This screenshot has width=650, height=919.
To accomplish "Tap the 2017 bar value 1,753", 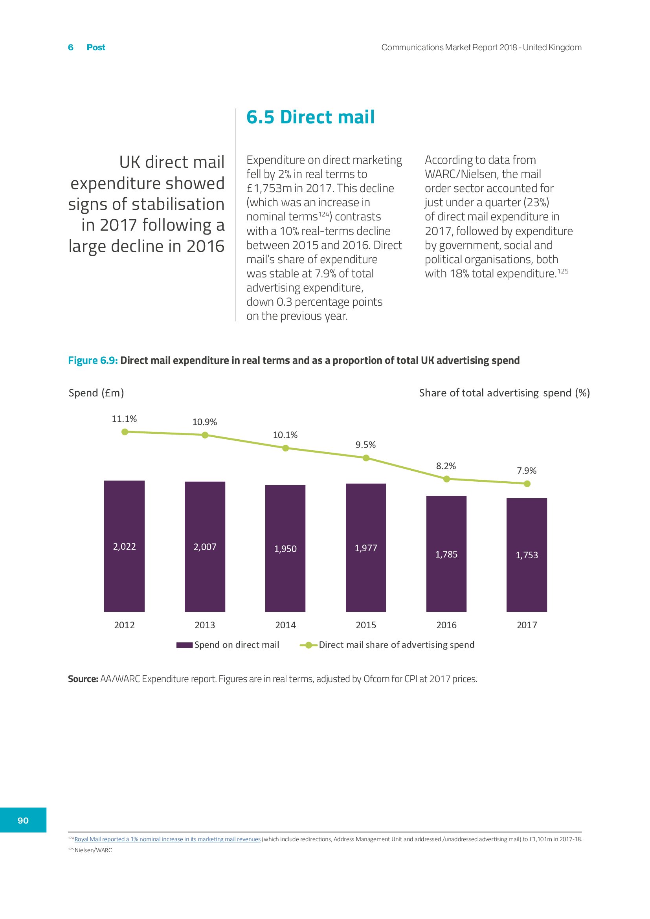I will pos(526,555).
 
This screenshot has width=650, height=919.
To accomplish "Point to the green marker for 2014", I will pos(285,448).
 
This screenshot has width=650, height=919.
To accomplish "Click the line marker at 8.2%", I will pos(447,479).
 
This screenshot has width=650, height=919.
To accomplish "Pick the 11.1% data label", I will pos(124,419).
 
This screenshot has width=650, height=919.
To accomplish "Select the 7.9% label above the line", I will pos(526,470).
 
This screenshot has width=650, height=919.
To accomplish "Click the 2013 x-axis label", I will pos(204,625).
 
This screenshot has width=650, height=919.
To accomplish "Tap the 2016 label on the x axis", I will pos(446,625).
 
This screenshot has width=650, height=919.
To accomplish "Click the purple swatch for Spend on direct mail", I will pos(185,645).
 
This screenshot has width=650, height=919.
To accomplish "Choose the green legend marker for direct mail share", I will pos(308,645).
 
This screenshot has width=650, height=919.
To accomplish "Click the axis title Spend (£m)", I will pos(96,393).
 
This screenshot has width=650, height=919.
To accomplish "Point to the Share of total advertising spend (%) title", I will pos(504,393).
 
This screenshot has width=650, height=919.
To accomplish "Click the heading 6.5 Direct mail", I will pos(310,117).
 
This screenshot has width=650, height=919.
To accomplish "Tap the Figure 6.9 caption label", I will pos(93,360).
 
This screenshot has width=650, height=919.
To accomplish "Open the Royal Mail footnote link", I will pos(167,839).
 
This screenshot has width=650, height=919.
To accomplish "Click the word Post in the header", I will pos(95,47).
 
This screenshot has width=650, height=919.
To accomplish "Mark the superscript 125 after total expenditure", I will pos(563,271).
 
